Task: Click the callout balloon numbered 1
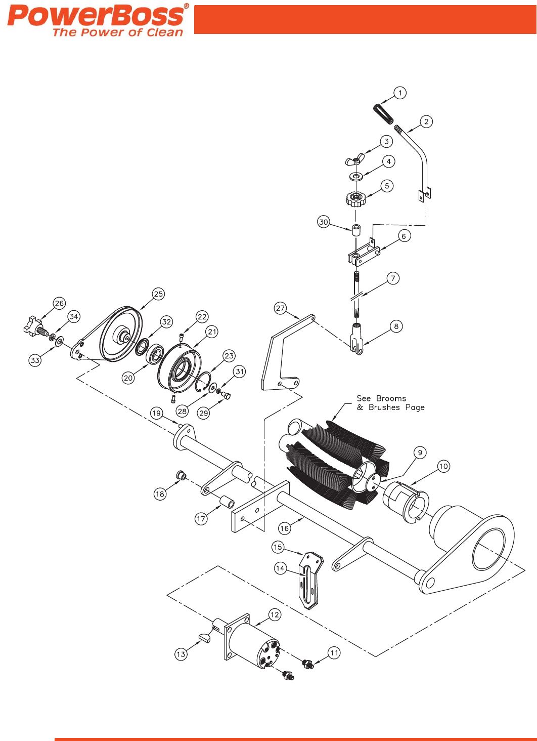tap(400, 93)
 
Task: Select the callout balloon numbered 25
tap(158, 294)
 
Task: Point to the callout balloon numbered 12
tap(275, 615)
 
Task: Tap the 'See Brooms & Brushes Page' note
tap(390, 403)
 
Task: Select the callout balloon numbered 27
tap(281, 308)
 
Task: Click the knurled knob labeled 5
tap(355, 198)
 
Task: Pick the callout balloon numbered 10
tap(443, 466)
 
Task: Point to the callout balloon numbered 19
tap(156, 413)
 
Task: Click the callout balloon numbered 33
tap(35, 360)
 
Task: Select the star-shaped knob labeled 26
tap(33, 326)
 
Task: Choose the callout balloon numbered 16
tap(285, 528)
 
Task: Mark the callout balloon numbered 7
tap(393, 278)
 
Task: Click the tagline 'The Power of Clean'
tap(117, 32)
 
